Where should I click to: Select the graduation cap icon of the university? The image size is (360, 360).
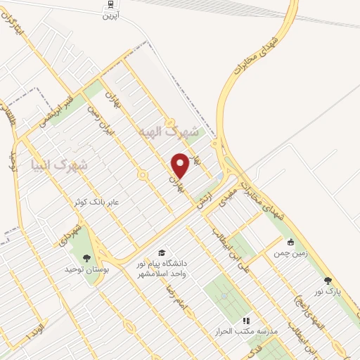click(162, 252)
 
